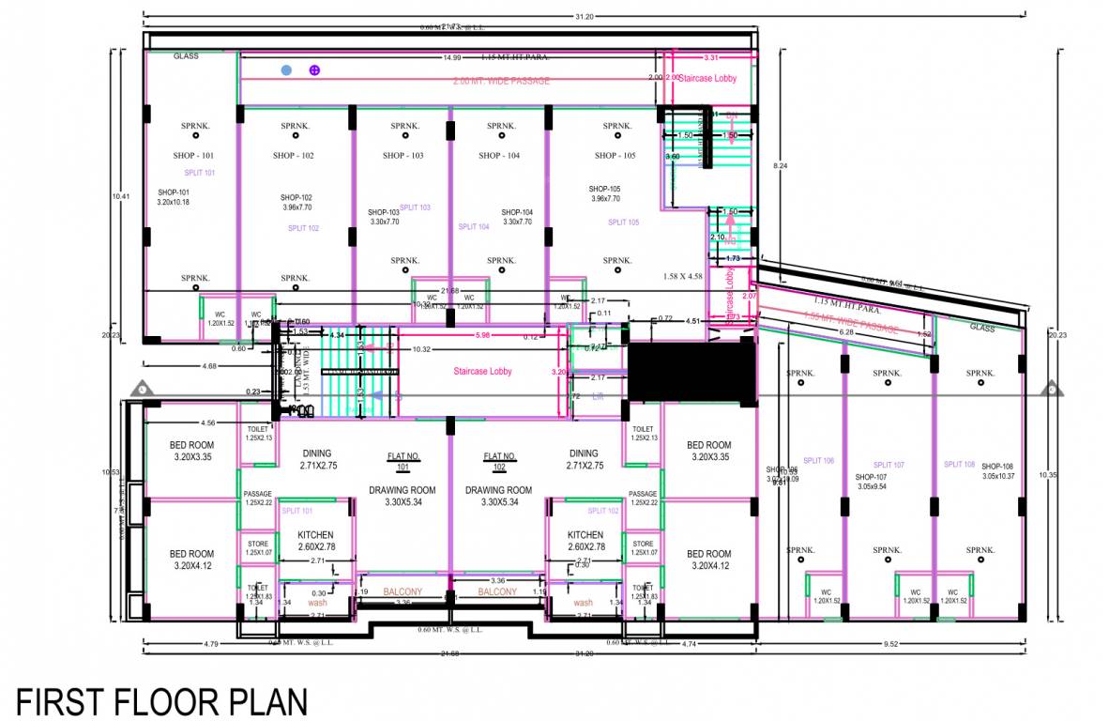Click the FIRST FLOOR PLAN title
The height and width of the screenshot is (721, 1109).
click(161, 702)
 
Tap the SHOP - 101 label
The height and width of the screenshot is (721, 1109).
click(193, 155)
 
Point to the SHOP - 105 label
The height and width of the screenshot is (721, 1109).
click(615, 155)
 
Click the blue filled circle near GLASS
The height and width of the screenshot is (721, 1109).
click(286, 70)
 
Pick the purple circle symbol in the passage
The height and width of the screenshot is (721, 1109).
click(315, 70)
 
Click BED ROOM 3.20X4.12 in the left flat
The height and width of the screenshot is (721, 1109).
click(191, 560)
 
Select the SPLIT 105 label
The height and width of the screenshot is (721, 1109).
click(623, 222)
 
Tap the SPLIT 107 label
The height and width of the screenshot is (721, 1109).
click(888, 465)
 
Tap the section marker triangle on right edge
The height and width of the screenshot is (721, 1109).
click(1052, 389)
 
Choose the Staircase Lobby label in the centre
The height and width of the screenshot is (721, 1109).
click(482, 372)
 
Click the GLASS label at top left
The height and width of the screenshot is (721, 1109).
click(186, 56)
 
